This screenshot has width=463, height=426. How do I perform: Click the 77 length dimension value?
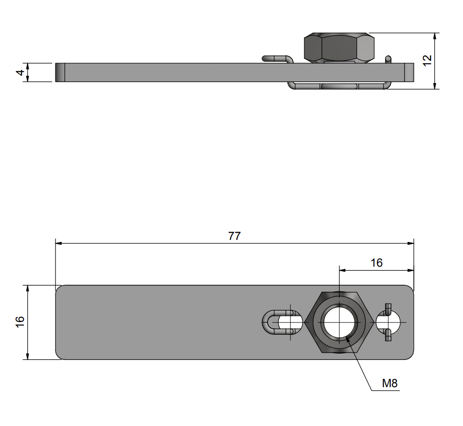pos(234,236)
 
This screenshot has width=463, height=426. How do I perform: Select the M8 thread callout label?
pos(390,383)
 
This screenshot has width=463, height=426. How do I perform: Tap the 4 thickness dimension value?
pos(19,72)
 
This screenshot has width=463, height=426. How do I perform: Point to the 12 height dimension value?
pos(427,60)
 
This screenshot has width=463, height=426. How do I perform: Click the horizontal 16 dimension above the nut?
pos(376,263)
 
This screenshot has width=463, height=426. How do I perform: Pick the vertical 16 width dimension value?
pos(19,322)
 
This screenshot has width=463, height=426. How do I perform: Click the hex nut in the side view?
pos(339,48)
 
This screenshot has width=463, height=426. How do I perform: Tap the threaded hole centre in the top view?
pos(339,322)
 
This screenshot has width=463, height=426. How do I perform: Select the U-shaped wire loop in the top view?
pos(275,322)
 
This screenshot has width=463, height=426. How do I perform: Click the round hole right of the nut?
pos(393,322)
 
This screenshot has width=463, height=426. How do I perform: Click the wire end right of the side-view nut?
pos(388,60)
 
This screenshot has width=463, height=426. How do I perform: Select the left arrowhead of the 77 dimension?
pos(58,243)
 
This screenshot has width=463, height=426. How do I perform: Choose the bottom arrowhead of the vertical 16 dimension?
pos(28,357)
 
